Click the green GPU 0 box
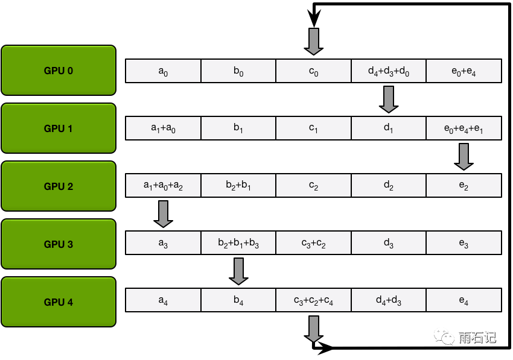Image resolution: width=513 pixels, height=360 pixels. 59,71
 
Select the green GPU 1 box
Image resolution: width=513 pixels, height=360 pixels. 59,128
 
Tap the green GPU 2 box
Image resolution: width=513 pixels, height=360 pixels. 59,186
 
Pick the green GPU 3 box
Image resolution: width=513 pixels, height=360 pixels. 59,244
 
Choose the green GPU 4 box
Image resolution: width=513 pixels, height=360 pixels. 59,302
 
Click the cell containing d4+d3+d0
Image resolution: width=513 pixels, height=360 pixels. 389,71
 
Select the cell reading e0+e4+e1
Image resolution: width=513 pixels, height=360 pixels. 464,128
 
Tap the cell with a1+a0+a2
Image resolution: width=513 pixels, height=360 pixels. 163,186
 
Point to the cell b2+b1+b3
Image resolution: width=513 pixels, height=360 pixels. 238,243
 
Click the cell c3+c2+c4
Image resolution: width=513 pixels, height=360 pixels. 313,300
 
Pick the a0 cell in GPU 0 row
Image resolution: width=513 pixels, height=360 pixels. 163,71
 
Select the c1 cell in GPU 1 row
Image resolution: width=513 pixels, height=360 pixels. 313,128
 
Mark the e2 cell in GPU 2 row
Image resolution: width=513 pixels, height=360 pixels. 464,186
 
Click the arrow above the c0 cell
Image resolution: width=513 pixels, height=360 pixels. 313,42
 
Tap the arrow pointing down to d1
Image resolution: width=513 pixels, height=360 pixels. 389,99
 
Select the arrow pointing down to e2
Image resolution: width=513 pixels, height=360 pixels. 464,157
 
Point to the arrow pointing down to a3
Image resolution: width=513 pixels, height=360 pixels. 163,214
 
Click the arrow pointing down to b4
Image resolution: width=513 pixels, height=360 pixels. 238,271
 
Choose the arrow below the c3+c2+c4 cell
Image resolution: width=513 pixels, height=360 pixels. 313,329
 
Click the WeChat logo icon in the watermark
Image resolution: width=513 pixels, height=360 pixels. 445,336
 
